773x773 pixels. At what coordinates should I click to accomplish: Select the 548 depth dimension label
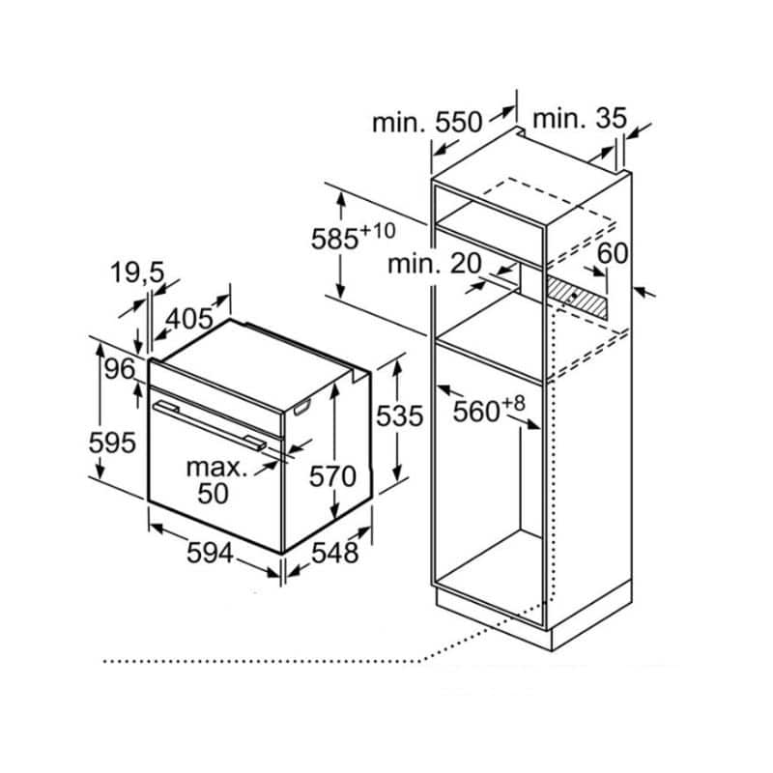335,554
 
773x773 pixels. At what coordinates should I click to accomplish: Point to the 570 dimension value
333,476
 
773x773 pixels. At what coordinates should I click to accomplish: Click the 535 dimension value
400,416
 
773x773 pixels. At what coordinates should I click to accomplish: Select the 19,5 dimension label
136,274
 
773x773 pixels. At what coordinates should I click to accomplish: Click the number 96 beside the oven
119,370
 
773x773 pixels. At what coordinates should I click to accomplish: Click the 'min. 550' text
425,123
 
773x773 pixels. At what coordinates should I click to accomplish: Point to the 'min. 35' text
579,119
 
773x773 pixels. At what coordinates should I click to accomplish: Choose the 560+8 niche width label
489,410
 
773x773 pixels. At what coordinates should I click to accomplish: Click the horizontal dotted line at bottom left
261,662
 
